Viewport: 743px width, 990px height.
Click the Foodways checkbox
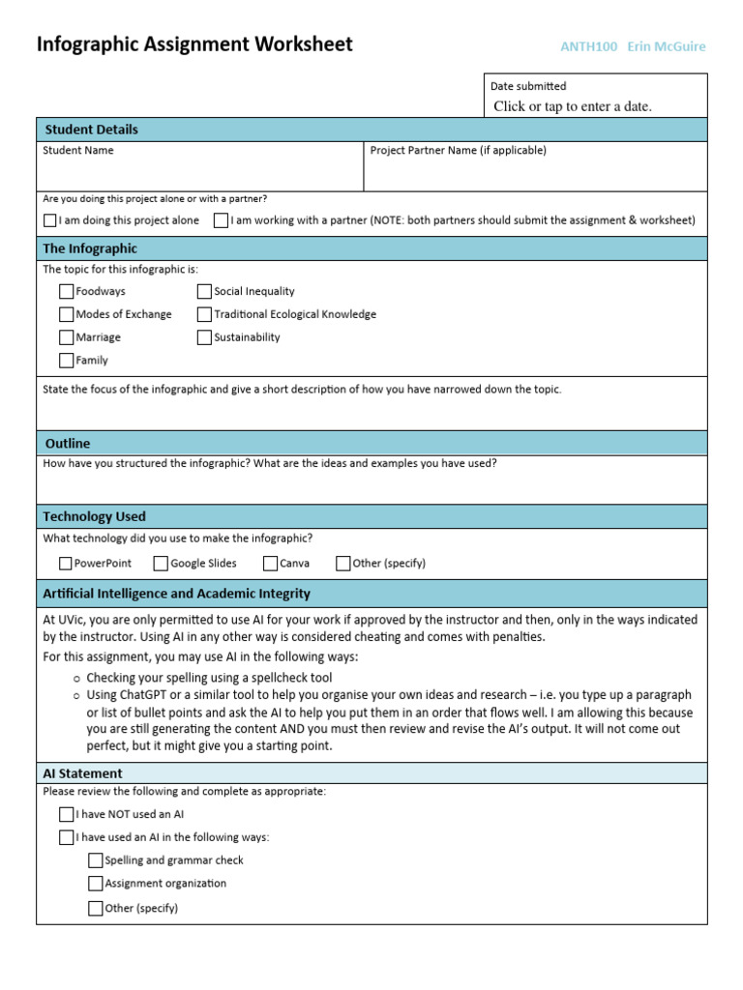tap(66, 291)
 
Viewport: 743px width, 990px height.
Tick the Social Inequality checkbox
tap(204, 291)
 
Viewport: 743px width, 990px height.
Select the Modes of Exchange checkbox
tap(66, 314)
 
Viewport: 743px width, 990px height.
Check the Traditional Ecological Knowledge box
tap(204, 314)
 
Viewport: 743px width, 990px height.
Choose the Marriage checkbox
tap(66, 337)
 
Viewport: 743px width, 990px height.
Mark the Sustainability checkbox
tap(204, 337)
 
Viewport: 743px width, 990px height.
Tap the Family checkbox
tap(66, 361)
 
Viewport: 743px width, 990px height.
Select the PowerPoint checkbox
tap(66, 563)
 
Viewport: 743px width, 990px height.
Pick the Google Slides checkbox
tap(162, 563)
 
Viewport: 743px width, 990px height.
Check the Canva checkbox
tap(272, 563)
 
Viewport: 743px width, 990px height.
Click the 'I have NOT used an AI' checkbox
tap(66, 814)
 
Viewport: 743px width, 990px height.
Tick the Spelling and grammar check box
tap(95, 860)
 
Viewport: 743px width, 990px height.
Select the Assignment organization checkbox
tap(95, 884)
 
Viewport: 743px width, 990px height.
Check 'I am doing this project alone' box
tap(50, 220)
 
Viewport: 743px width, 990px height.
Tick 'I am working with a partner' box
tap(222, 220)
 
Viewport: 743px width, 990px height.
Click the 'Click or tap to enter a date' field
tap(573, 106)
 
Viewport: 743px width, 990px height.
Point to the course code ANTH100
tap(588, 46)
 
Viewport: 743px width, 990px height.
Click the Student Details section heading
tap(91, 130)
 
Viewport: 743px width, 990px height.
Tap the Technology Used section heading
tap(95, 516)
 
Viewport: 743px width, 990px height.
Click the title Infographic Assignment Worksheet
tap(194, 44)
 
